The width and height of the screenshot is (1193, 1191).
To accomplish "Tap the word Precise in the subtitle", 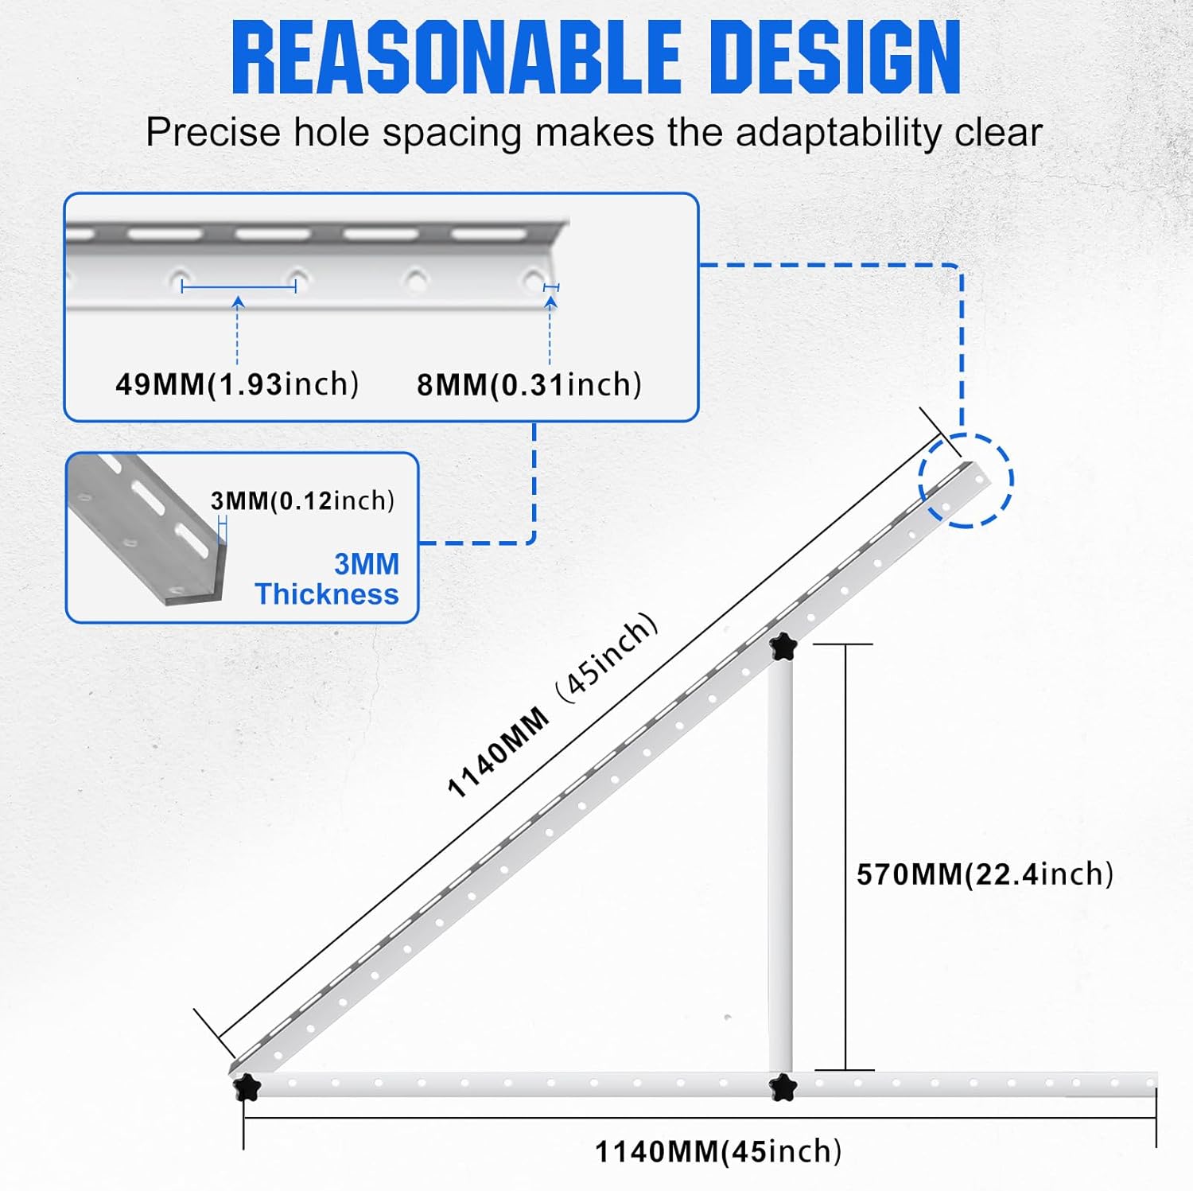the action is [213, 132].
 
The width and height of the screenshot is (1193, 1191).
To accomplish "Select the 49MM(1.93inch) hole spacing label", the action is [237, 384].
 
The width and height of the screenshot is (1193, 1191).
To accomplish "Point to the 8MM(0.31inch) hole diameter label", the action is [529, 385].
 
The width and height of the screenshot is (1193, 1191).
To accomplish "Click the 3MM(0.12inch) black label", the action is [302, 500].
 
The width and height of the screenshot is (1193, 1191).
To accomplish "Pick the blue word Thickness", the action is [327, 594].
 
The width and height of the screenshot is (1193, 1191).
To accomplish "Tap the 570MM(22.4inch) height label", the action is [985, 874].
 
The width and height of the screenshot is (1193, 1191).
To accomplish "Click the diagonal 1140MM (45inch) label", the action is [553, 705].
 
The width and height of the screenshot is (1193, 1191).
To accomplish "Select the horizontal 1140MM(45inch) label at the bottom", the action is [718, 1151].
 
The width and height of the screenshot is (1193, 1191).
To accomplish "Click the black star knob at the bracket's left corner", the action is [247, 1085].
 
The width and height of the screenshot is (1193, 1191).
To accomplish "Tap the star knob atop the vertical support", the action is [783, 647].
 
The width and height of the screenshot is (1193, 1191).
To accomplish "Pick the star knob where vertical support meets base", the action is [783, 1086].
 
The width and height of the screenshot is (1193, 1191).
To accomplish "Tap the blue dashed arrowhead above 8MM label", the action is [550, 302].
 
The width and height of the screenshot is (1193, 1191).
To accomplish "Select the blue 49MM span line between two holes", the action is [239, 286].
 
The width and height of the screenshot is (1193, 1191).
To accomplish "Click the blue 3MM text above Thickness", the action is [367, 564].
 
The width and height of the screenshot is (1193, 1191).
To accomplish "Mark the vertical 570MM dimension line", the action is [845, 857].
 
